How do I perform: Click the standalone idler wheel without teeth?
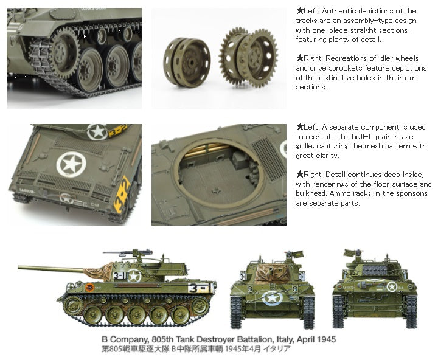[x=187, y=62]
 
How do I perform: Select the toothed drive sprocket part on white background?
[x=249, y=58]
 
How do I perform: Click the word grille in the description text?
[x=304, y=146]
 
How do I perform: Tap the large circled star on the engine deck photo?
[x=71, y=165]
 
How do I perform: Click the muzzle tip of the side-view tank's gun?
[x=19, y=268]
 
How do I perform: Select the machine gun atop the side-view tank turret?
[x=128, y=253]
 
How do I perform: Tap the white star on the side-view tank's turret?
[x=134, y=276]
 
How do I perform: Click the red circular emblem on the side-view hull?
[x=89, y=287]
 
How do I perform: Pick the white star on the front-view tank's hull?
[x=272, y=297]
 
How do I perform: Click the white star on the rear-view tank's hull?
[x=392, y=286]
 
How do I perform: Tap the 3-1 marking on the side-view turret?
[x=120, y=276]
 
